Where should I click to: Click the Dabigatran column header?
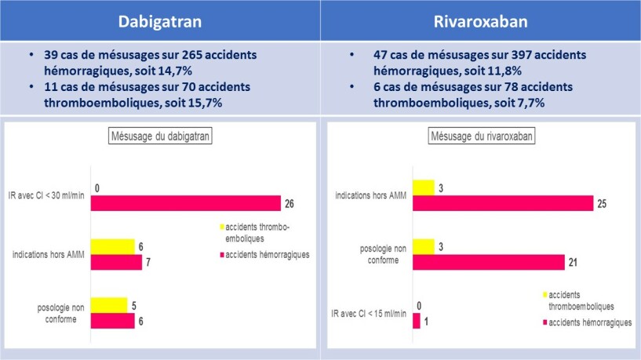(160, 21)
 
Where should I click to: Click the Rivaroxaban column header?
(480, 21)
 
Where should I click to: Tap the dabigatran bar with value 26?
(185, 203)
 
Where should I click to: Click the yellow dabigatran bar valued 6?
(113, 246)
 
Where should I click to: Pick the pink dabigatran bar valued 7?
(116, 262)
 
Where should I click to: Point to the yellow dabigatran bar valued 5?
(109, 304)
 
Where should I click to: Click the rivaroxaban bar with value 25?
(502, 203)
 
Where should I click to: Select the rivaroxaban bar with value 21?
(488, 262)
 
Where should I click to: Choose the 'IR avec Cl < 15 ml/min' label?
(369, 314)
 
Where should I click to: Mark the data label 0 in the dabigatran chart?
(96, 188)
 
